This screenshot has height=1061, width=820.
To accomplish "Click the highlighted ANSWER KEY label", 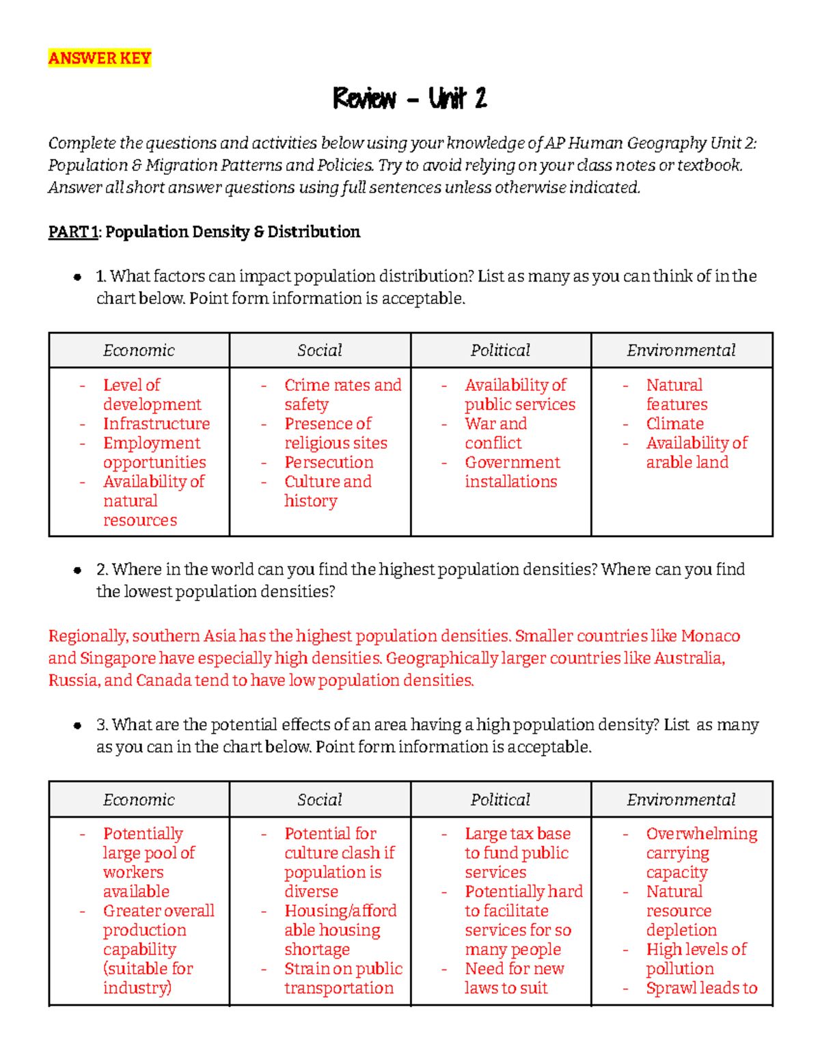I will point(100,59).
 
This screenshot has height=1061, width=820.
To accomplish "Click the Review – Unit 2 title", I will point(409,99).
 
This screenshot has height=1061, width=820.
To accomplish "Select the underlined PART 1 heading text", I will point(73,232).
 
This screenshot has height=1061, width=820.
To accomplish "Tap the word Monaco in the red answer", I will point(710,636).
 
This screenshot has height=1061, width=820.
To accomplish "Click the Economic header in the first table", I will point(139,350).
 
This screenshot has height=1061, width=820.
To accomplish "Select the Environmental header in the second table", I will point(681,800).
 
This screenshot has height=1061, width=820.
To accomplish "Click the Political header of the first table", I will point(500,350).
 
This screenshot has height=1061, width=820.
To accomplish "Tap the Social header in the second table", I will point(320,800).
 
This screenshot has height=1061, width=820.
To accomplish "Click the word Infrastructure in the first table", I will point(156,424).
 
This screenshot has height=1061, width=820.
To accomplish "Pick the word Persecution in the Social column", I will point(329,463).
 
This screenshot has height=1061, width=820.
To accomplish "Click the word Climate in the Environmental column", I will point(674,424).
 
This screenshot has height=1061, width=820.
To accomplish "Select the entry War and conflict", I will point(495,434).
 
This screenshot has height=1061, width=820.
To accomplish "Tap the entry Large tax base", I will point(517,834).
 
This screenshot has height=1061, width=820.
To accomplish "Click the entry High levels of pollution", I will point(696,959).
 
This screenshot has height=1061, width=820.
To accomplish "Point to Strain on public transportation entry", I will point(342,978).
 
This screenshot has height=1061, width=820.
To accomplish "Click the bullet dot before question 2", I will point(77,570).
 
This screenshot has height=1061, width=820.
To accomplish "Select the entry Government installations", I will point(512,472).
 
